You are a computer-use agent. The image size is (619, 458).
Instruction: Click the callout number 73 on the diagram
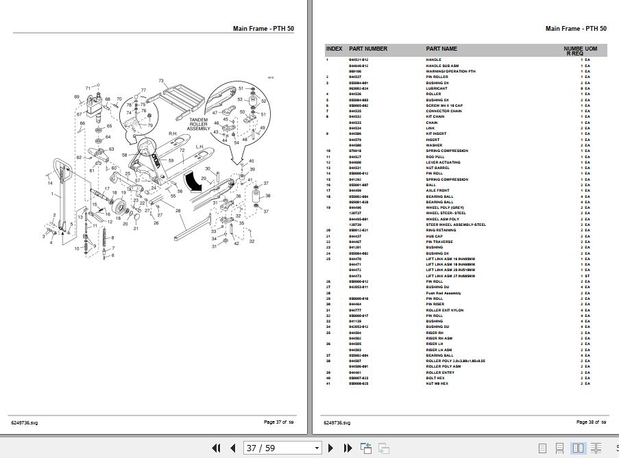coord(161,81)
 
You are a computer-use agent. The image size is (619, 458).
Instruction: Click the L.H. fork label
coord(200,147)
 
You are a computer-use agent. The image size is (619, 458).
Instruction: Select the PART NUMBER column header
coord(368,49)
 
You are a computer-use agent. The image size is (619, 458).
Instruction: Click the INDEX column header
coord(334,49)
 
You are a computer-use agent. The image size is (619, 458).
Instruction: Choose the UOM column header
coord(591,49)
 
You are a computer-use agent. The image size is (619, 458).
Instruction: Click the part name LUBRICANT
coord(437,88)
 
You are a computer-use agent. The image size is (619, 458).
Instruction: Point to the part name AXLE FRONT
coord(439,191)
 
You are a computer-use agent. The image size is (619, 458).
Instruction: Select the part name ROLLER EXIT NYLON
coord(445,310)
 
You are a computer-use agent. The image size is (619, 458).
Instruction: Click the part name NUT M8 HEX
coord(439,384)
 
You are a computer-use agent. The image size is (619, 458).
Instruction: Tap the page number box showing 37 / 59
coord(282,448)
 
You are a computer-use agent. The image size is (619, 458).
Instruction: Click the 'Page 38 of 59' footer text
coord(592,422)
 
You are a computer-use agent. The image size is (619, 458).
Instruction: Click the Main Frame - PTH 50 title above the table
coord(575,29)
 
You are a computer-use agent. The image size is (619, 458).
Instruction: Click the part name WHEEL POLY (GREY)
coord(445,207)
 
